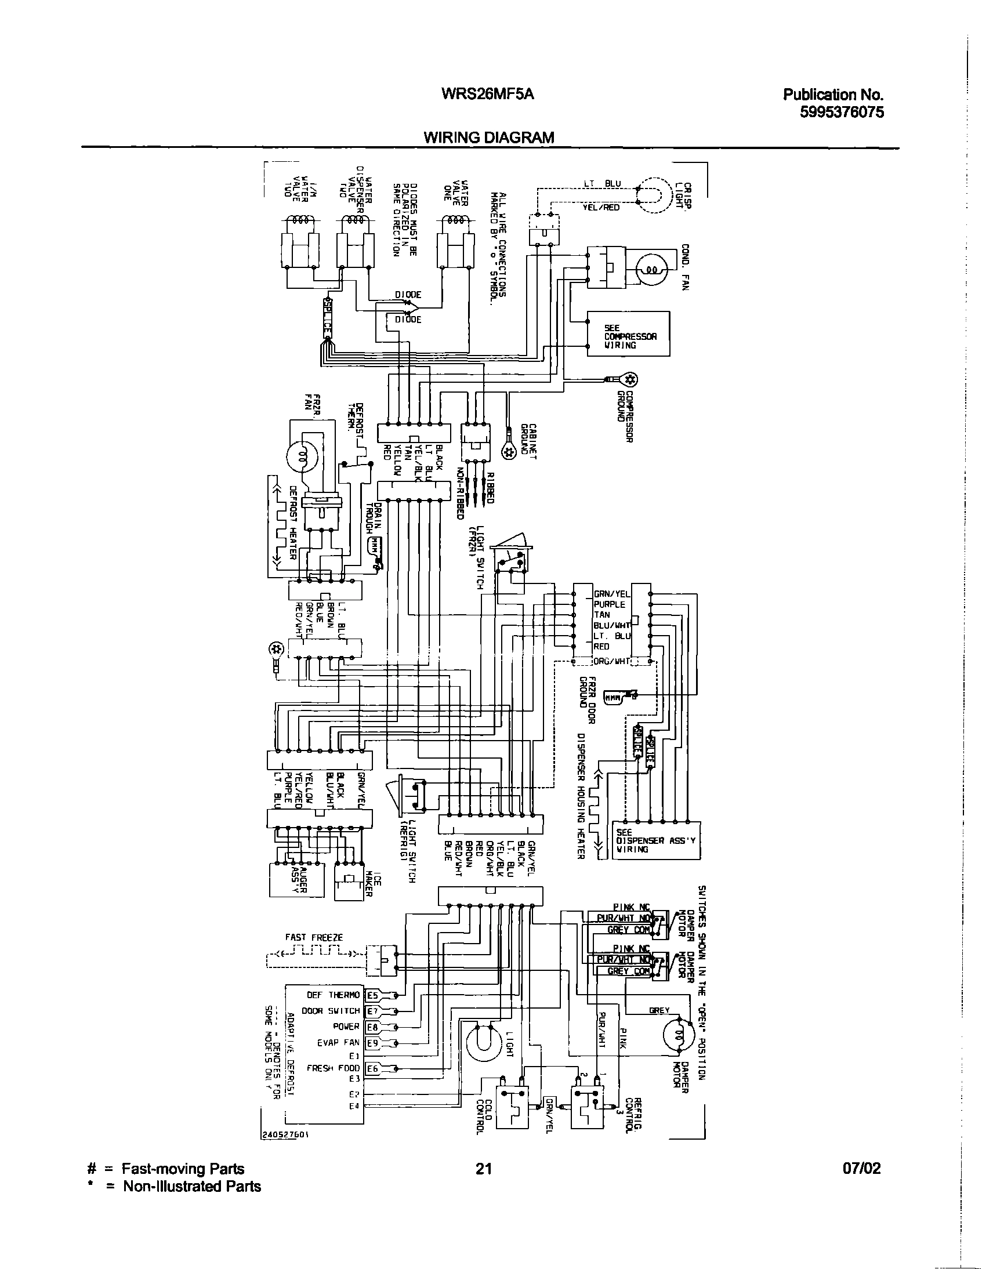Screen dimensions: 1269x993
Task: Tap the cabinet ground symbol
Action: coord(509,452)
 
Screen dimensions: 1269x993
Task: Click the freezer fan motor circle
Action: coord(302,456)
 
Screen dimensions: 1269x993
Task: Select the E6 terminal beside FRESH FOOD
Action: coord(372,1068)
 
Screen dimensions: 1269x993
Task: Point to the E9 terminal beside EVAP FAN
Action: coord(372,1043)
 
